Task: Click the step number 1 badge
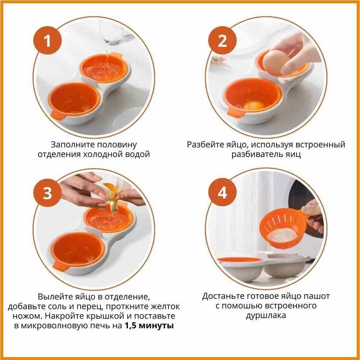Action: pyautogui.click(x=48, y=41)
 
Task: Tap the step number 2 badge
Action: pyautogui.click(x=222, y=41)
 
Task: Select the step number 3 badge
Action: pyautogui.click(x=48, y=193)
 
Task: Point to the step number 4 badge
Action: pyautogui.click(x=222, y=193)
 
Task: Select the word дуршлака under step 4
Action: pyautogui.click(x=266, y=315)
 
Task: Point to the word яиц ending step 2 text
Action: pyautogui.click(x=293, y=154)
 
